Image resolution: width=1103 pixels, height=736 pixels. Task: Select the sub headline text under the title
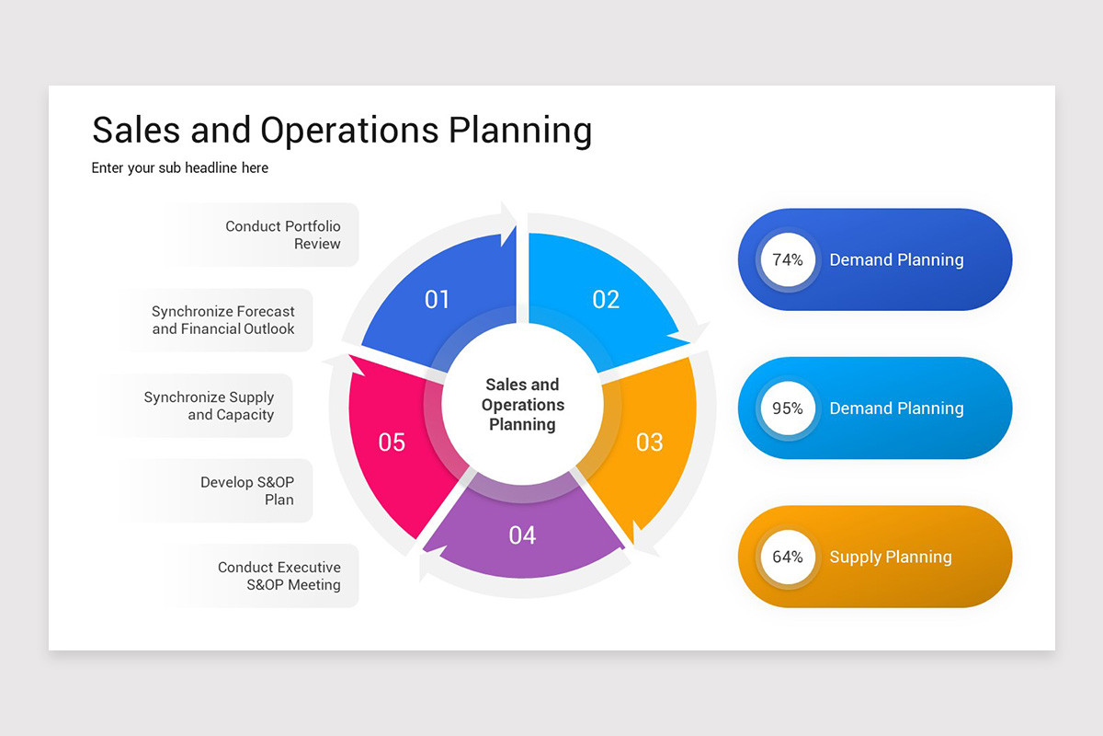[x=180, y=168]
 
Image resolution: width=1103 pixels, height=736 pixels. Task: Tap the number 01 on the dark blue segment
[x=438, y=299]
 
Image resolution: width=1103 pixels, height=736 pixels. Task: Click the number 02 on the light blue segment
[x=606, y=299]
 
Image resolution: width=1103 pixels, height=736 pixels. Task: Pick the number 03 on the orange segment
[x=649, y=443]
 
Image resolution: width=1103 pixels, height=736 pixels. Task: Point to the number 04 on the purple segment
[x=522, y=535]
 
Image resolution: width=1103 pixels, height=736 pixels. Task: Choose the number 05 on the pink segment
[x=392, y=443]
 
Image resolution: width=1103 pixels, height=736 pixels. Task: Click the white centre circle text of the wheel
[x=522, y=405]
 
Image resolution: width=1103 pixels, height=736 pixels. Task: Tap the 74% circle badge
[x=788, y=260]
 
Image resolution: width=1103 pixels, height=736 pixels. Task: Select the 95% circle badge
[x=788, y=408]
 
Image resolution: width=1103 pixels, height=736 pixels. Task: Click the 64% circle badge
[x=788, y=557]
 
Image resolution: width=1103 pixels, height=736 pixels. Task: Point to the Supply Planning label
[x=890, y=557]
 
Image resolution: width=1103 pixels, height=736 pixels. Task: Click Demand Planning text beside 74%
[x=896, y=260]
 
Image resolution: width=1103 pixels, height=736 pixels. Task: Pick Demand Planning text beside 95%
[x=896, y=408]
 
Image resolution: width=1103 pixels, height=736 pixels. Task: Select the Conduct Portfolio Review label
[x=283, y=235]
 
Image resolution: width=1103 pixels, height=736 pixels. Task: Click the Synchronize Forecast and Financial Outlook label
[x=223, y=320]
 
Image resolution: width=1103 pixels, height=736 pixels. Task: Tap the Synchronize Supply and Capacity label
[x=210, y=406]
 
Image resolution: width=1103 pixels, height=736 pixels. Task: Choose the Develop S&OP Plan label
[x=248, y=491]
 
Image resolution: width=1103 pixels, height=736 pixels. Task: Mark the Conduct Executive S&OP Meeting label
[x=279, y=576]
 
